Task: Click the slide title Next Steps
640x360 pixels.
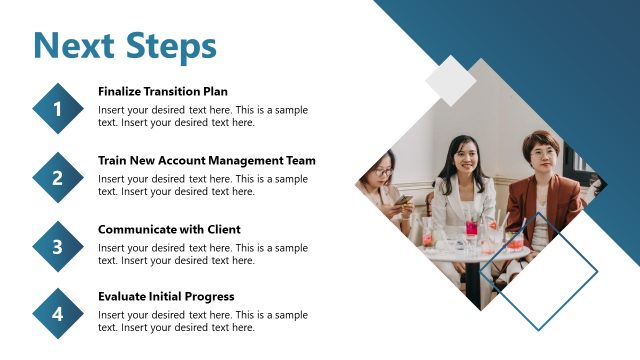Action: [x=124, y=45]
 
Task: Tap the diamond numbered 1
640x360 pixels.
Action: [x=58, y=109]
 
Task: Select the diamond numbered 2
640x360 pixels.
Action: [x=58, y=178]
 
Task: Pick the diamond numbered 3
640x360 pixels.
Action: [x=58, y=246]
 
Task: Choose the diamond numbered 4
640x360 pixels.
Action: [x=58, y=314]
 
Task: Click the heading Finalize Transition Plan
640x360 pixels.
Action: [x=163, y=91]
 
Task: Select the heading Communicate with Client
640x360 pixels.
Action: [x=169, y=229]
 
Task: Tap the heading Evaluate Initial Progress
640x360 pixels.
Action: [x=166, y=296]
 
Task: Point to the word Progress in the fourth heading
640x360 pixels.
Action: [x=210, y=296]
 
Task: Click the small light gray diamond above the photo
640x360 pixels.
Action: [x=450, y=80]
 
